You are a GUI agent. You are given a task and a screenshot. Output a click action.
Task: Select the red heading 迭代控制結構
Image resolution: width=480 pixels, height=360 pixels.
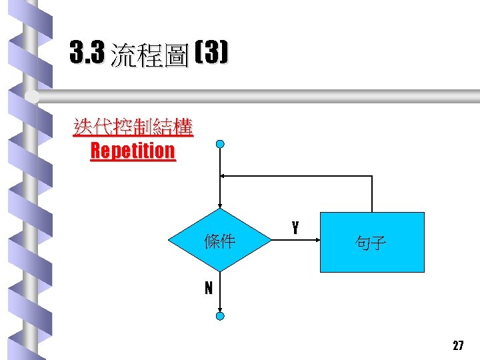pyautogui.click(x=133, y=127)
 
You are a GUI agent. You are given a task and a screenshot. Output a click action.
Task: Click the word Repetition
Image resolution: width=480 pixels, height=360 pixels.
pyautogui.click(x=133, y=151)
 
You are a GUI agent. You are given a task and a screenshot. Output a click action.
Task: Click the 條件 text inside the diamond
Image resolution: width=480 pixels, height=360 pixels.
pyautogui.click(x=220, y=241)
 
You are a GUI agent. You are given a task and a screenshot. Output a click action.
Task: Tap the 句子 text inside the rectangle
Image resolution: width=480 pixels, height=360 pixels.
pyautogui.click(x=371, y=243)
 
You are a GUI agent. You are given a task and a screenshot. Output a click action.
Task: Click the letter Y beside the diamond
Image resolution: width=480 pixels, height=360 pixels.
pyautogui.click(x=295, y=228)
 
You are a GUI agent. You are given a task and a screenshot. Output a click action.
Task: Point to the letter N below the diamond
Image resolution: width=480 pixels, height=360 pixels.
pyautogui.click(x=209, y=288)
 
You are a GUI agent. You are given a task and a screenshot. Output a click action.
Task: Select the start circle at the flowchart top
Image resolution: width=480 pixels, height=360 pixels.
pyautogui.click(x=220, y=144)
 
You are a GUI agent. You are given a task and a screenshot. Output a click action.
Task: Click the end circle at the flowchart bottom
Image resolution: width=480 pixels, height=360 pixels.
pyautogui.click(x=220, y=316)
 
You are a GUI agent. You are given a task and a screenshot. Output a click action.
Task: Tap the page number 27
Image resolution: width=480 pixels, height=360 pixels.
pyautogui.click(x=458, y=345)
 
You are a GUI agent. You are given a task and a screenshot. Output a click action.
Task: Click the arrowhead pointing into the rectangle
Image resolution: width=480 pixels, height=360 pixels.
pyautogui.click(x=317, y=241)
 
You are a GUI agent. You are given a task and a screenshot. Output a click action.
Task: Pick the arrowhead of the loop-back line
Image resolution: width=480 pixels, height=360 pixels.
pyautogui.click(x=224, y=176)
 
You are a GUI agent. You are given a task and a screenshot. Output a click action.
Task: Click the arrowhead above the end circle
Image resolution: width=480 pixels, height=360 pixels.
pyautogui.click(x=220, y=309)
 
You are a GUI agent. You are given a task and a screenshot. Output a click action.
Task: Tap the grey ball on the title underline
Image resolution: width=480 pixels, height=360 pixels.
pyautogui.click(x=32, y=97)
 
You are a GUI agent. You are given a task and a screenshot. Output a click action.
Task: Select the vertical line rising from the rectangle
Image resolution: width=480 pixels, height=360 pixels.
pyautogui.click(x=372, y=193)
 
